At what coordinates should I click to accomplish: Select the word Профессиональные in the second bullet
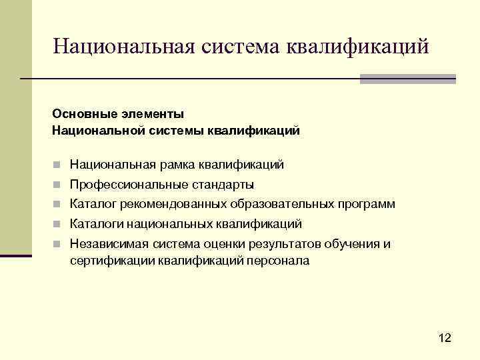pyautogui.click(x=125, y=185)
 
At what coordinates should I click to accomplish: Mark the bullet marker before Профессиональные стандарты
pyautogui.click(x=58, y=185)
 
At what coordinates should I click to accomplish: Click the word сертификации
pyautogui.click(x=112, y=261)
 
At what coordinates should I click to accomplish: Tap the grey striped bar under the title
pyautogui.click(x=407, y=79)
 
